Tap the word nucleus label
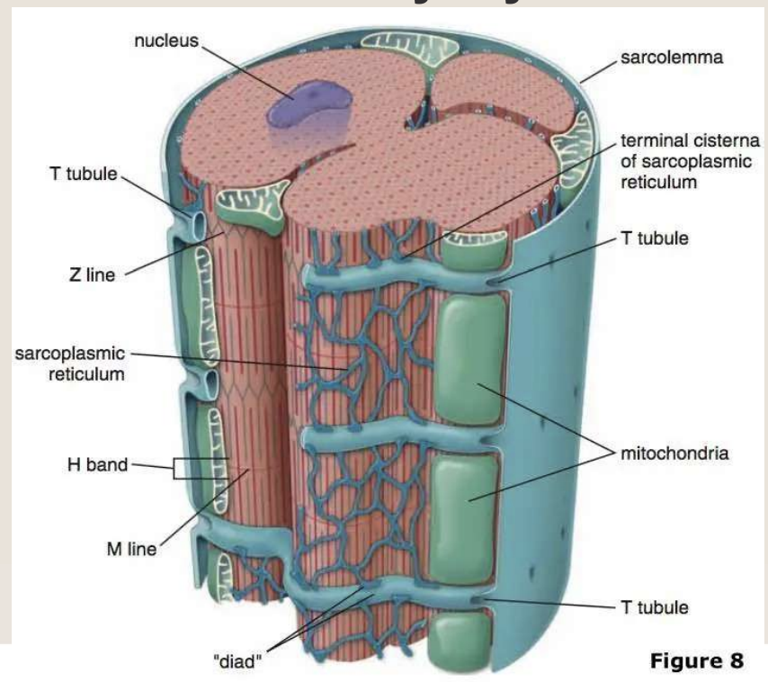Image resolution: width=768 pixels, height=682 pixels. pyautogui.click(x=165, y=40)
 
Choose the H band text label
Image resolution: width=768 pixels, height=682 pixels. pyautogui.click(x=96, y=465)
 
